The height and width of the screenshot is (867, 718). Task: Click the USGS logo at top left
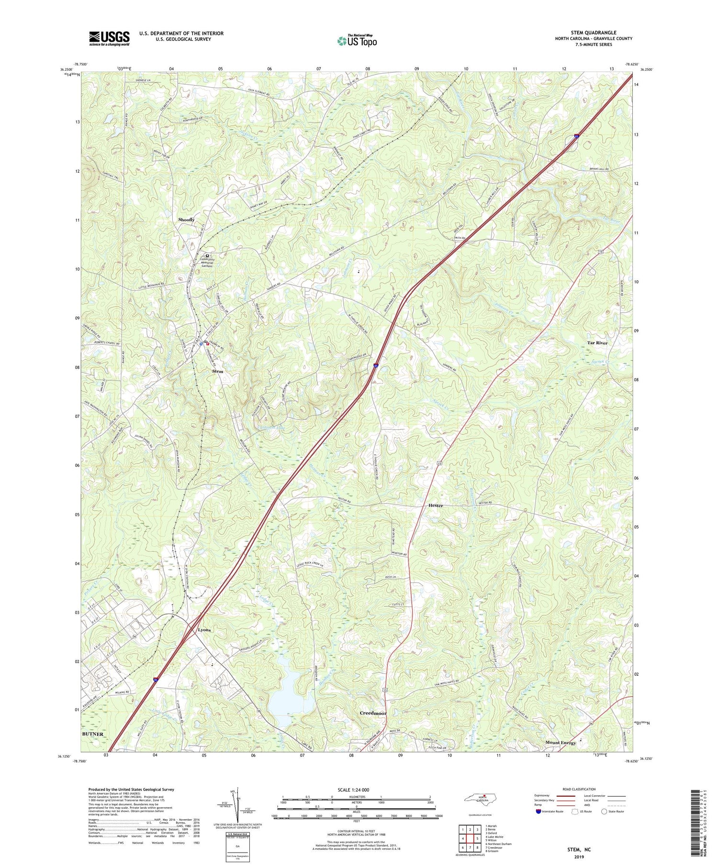tap(109, 38)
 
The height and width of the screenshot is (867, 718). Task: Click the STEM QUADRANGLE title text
tap(593, 33)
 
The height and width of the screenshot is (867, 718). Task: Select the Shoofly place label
tap(186, 219)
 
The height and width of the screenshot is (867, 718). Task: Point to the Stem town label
tap(218, 371)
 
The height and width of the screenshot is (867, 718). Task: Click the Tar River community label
tap(597, 343)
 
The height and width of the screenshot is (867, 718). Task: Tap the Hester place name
tap(436, 505)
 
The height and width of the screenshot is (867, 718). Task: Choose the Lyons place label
tap(204, 630)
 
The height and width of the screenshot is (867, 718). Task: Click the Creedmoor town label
tap(373, 713)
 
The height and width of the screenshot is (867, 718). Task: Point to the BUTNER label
tap(92, 734)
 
